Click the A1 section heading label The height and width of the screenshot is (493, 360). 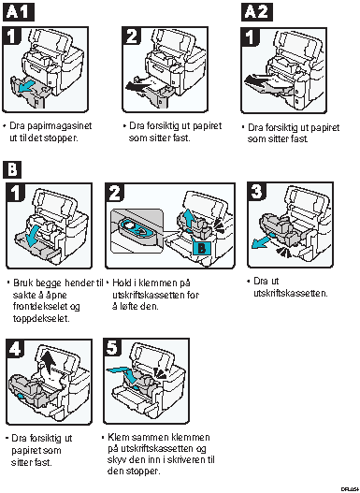tap(18, 12)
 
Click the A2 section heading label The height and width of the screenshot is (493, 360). tap(256, 12)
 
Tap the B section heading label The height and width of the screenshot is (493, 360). tap(12, 169)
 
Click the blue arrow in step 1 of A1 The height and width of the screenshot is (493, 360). tap(25, 88)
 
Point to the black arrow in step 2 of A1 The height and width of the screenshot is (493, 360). tap(137, 85)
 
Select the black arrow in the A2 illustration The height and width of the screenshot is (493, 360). tap(256, 81)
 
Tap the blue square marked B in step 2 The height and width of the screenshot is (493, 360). tap(201, 249)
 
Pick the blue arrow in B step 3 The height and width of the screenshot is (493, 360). tap(262, 241)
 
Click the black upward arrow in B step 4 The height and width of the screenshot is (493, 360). tap(49, 361)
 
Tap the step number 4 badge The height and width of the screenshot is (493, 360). tap(15, 348)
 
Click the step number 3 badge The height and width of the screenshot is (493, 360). tap(256, 191)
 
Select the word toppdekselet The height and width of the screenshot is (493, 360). tap(41, 318)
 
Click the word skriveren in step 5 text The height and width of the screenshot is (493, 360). tap(182, 460)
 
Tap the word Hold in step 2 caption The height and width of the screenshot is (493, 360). tap(120, 283)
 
